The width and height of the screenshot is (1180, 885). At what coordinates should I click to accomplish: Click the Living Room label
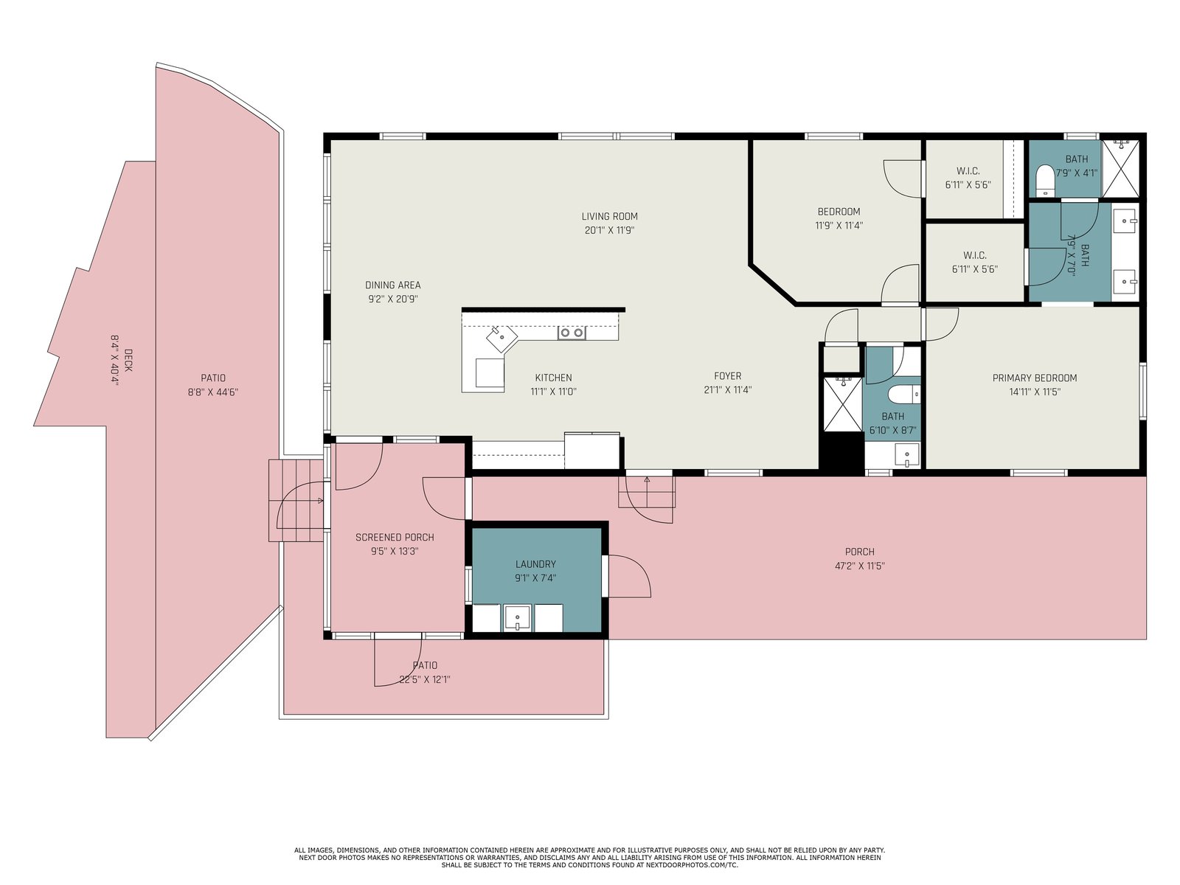click(609, 217)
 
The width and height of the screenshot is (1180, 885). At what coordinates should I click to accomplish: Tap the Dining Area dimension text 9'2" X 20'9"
click(393, 299)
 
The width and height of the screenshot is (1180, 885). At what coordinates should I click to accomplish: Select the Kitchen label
click(553, 378)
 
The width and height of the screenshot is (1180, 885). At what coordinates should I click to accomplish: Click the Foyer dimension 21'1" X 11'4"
click(727, 390)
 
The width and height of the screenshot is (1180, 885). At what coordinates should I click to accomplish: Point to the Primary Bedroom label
click(1034, 378)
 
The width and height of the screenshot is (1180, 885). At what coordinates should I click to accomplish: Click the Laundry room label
click(535, 564)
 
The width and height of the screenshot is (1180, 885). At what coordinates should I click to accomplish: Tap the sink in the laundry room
click(517, 617)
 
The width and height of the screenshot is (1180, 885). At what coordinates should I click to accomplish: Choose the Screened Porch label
click(395, 538)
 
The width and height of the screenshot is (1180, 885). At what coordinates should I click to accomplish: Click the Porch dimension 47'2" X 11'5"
click(860, 566)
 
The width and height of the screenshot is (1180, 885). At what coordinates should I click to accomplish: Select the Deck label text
click(128, 360)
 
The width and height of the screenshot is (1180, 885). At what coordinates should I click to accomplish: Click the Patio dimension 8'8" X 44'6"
click(213, 392)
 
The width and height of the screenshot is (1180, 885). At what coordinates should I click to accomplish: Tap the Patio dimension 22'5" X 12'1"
click(425, 680)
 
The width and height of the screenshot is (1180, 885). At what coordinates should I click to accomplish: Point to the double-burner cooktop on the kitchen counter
click(572, 333)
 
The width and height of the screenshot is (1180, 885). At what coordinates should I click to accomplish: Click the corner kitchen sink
click(502, 338)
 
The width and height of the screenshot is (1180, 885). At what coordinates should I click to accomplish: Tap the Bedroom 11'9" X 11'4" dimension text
click(839, 226)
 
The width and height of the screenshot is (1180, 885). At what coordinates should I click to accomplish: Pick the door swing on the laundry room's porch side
click(630, 576)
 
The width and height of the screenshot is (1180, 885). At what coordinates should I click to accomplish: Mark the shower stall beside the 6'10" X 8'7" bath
click(843, 404)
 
